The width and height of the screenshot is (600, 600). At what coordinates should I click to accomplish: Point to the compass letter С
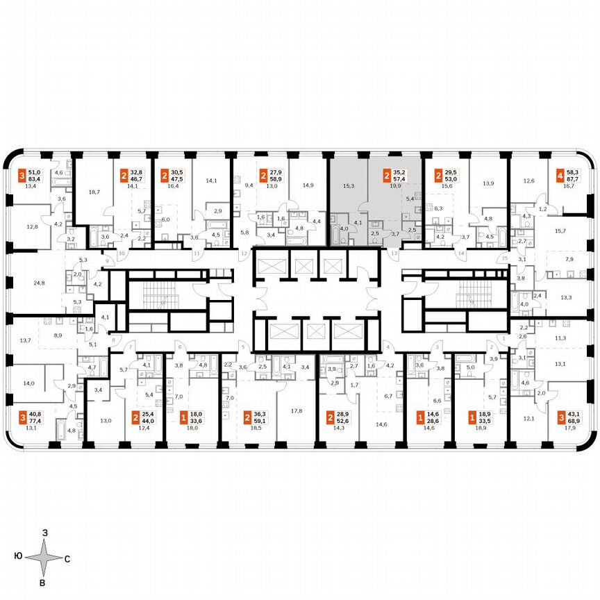tap(66, 558)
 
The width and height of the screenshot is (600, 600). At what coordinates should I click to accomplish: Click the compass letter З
tap(44, 533)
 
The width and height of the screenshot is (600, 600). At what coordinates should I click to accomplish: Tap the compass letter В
tap(42, 582)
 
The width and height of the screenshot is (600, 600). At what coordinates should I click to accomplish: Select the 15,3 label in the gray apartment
tap(349, 185)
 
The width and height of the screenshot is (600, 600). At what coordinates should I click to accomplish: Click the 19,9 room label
tap(396, 185)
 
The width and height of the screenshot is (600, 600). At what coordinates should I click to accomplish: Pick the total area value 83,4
tap(33, 178)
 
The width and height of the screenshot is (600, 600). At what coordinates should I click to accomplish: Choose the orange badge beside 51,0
tap(22, 174)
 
